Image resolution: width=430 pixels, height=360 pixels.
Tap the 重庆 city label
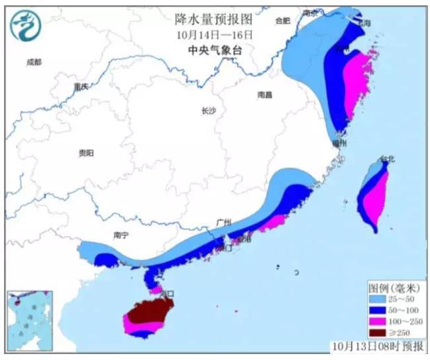point(81,87)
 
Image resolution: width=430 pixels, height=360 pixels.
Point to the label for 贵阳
point(85,153)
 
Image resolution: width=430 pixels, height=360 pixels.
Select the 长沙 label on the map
point(208,111)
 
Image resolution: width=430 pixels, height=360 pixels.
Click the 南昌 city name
point(264,95)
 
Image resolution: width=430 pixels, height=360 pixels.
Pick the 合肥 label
point(282,21)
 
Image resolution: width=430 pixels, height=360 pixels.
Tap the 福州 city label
point(340,143)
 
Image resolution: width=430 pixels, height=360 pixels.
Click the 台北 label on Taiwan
point(387,159)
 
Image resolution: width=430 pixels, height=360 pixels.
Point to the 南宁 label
point(121,235)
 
